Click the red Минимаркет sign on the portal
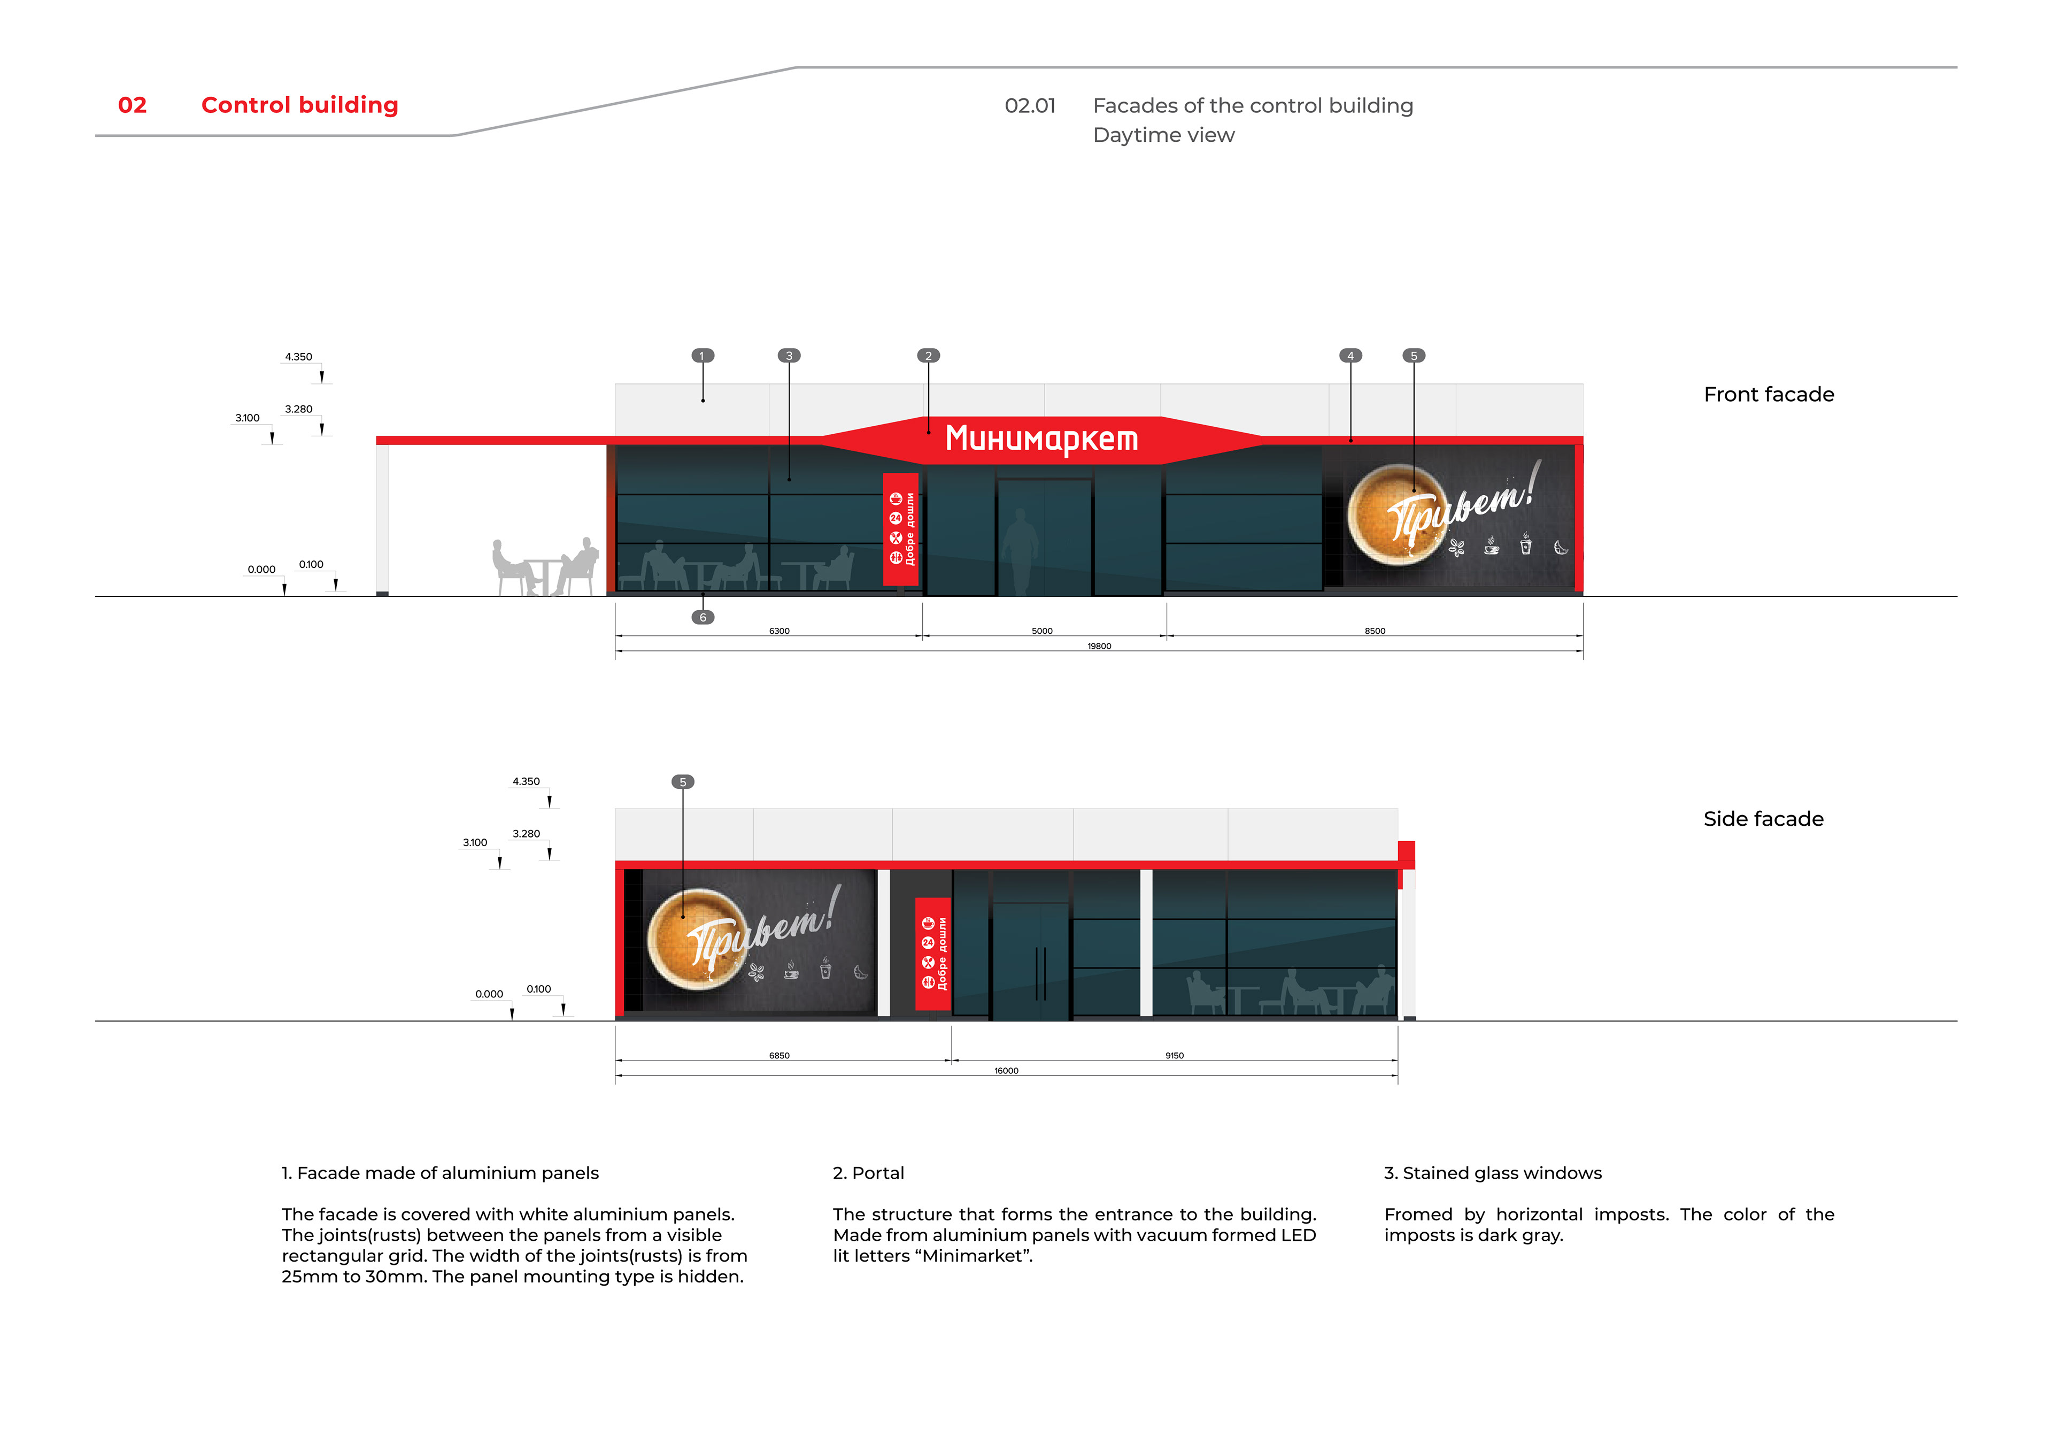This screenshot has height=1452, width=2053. point(1041,439)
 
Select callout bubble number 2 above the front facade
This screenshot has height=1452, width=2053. point(928,356)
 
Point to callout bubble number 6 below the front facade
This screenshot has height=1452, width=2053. point(703,617)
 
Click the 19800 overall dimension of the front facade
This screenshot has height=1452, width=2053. point(1099,646)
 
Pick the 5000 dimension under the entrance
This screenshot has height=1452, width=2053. point(1041,631)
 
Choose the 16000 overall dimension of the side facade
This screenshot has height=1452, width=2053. point(1006,1071)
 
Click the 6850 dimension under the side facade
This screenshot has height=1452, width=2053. point(779,1056)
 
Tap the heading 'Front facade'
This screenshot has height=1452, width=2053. point(1768,395)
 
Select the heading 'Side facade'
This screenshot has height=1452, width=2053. point(1762,819)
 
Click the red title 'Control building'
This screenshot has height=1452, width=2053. point(299,105)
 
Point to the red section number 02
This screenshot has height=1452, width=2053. point(133,105)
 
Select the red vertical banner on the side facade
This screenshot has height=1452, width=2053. point(932,954)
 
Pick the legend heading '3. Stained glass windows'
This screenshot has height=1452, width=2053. point(1492,1173)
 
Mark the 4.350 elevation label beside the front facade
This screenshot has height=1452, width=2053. point(299,357)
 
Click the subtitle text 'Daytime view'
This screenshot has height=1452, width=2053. point(1163,135)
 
